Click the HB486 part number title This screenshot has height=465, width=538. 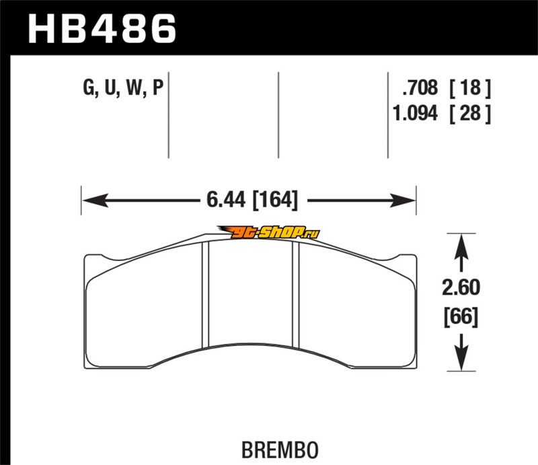pyautogui.click(x=102, y=29)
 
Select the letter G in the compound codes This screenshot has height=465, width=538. pyautogui.click(x=89, y=87)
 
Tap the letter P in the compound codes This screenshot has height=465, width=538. pyautogui.click(x=157, y=87)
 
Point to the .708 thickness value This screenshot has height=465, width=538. pyautogui.click(x=420, y=87)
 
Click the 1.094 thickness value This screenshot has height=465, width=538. pyautogui.click(x=416, y=113)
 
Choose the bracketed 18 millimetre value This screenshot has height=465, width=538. pyautogui.click(x=470, y=87)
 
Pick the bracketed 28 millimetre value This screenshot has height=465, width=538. pyautogui.click(x=470, y=113)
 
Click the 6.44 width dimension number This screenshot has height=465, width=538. pyautogui.click(x=226, y=200)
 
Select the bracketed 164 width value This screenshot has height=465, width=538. pyautogui.click(x=275, y=200)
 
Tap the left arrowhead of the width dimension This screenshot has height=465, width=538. pyautogui.click(x=95, y=201)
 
